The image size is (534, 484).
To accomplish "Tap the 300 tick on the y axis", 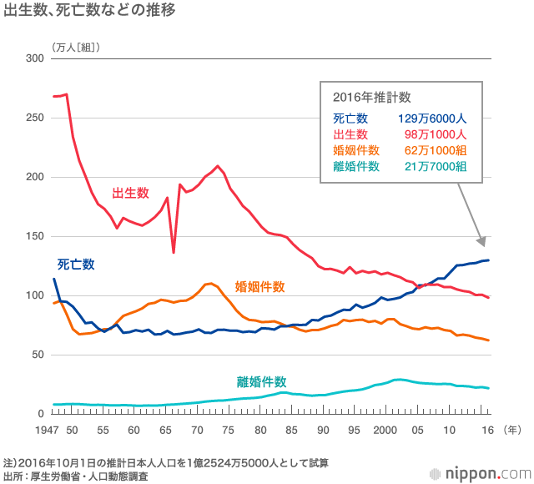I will tap(34, 58).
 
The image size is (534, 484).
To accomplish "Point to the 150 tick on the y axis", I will tap(34, 236).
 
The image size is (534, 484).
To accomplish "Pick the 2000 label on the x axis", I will tap(385, 429).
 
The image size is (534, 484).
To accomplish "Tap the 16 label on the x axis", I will tap(488, 429).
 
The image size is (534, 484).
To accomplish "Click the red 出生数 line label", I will tap(130, 193).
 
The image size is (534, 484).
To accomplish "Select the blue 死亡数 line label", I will tap(76, 265).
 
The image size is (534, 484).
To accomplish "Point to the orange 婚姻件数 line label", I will tap(260, 286).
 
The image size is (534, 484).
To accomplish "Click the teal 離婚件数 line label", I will tap(262, 382).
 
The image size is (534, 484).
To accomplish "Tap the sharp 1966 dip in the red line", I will tap(174, 251).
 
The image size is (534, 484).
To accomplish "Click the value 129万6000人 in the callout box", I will tap(431, 118).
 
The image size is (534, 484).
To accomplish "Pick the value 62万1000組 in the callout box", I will tap(435, 150).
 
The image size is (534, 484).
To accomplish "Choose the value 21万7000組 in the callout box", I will tap(435, 166).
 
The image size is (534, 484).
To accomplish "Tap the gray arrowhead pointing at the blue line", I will tap(480, 241).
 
